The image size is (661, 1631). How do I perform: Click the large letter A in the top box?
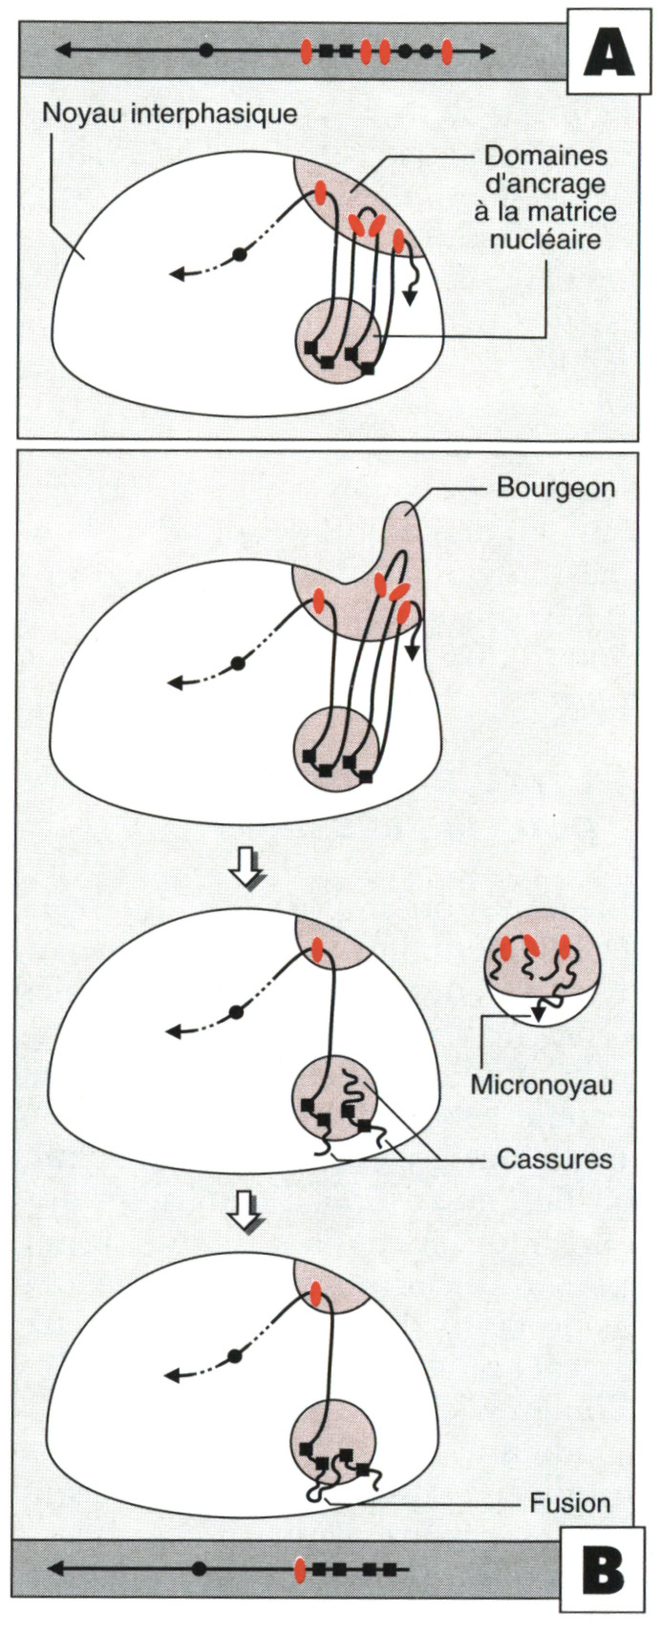608,54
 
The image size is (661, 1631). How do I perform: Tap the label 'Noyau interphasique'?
170,114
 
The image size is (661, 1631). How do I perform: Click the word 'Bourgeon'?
555,487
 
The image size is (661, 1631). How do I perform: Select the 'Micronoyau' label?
541,1084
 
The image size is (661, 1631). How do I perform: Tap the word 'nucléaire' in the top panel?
545,240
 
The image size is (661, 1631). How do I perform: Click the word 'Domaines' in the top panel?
546,155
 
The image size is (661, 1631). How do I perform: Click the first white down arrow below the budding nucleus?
246,866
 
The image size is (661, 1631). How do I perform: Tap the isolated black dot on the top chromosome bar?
206,51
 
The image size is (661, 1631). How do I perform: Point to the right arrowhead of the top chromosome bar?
488,51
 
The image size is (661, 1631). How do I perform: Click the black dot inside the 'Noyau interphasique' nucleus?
238,254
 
